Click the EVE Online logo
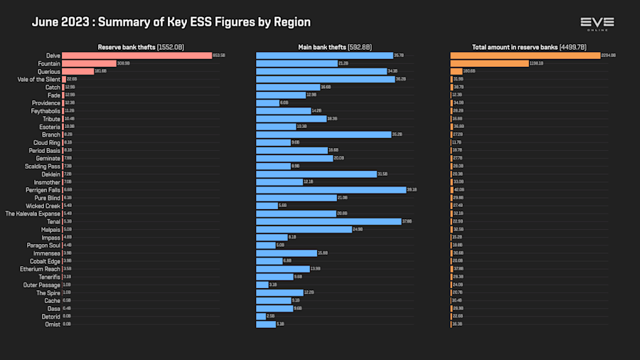tap(597, 23)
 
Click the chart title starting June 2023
tap(171, 22)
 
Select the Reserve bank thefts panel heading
tap(141, 47)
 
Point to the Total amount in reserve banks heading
tap(529, 47)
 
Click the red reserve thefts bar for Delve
tap(137, 55)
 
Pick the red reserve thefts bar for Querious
tap(78, 71)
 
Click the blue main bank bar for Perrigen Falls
tap(331, 190)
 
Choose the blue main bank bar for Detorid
tap(260, 316)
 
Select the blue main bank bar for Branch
tap(324, 134)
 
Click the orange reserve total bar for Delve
tap(525, 55)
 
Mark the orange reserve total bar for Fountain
tap(489, 63)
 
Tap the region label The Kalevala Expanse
tap(33, 213)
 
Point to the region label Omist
tap(52, 324)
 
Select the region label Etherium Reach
tap(40, 269)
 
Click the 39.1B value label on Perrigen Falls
tap(412, 190)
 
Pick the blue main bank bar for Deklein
tap(316, 174)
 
